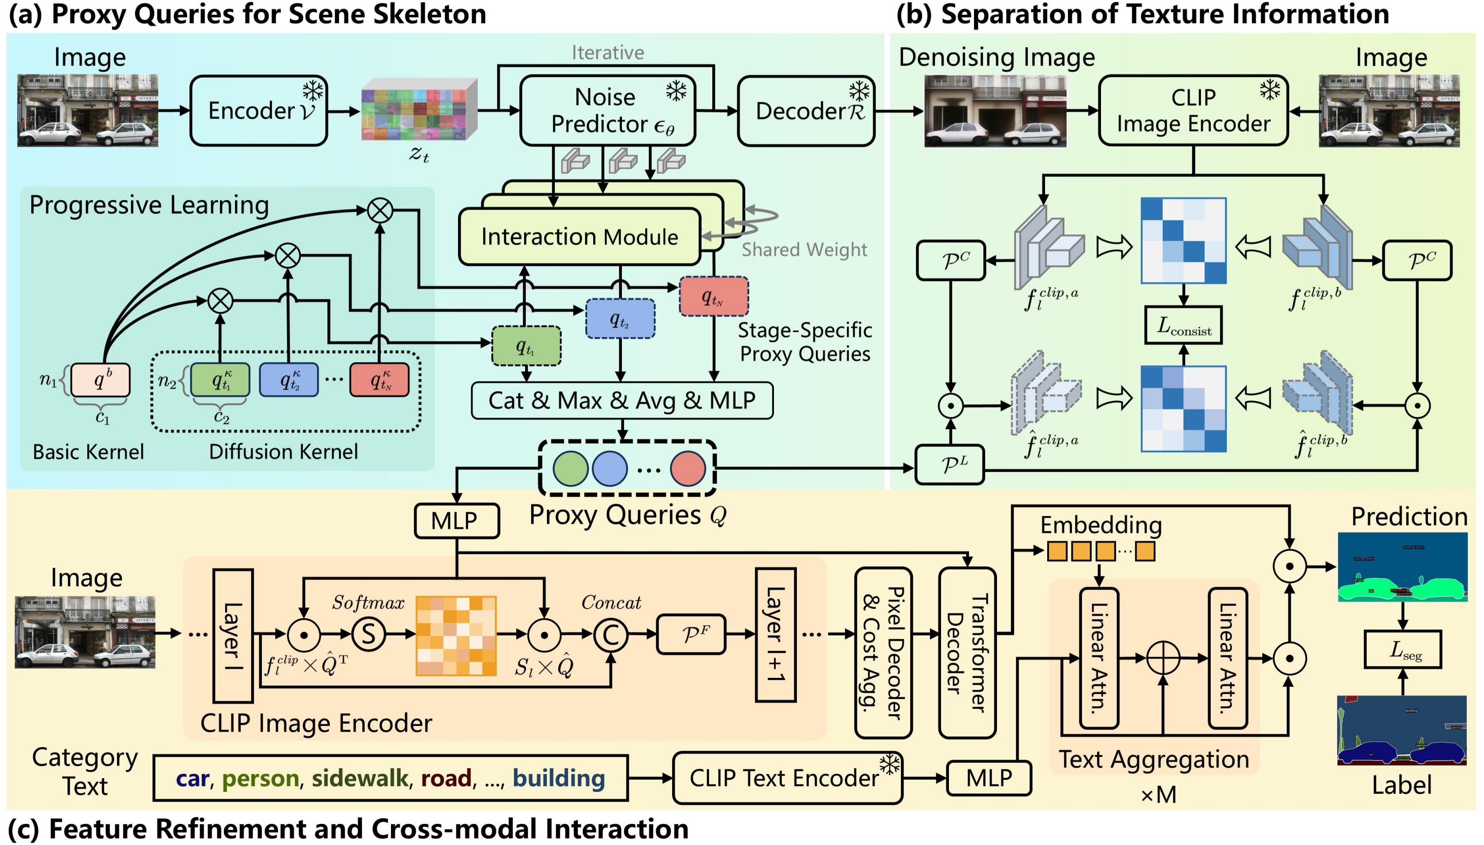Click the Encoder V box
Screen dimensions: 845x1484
[259, 110]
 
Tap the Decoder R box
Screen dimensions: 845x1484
[806, 111]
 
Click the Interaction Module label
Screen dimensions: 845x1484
[579, 237]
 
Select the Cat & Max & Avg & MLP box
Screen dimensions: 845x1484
[621, 400]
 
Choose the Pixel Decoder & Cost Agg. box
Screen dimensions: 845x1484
[883, 652]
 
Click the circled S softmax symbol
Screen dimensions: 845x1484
[368, 634]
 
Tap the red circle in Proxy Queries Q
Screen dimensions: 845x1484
[687, 468]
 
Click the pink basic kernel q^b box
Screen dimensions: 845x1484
[100, 380]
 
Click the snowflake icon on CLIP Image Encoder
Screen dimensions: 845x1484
[1270, 90]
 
